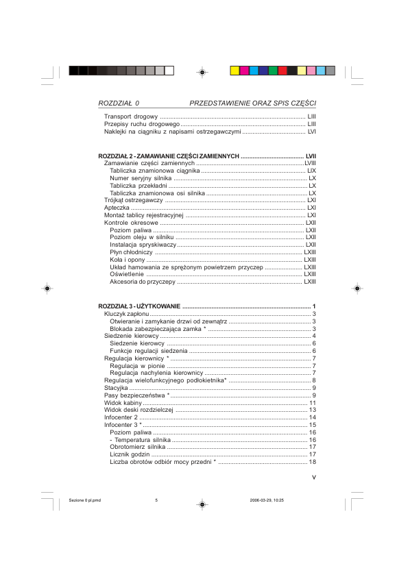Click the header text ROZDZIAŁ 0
pos(119,103)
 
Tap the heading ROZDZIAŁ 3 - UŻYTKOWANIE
pos(139,305)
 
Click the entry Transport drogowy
pos(131,117)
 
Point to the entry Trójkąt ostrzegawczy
pos(133,200)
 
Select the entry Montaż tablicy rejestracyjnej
pos(145,215)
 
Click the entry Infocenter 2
pos(121,417)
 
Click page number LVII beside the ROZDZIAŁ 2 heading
pos(310,156)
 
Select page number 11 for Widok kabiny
pos(312,402)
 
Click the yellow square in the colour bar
pos(235,71)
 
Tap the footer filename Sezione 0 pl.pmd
pos(85,500)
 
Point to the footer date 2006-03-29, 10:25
pos(267,500)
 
